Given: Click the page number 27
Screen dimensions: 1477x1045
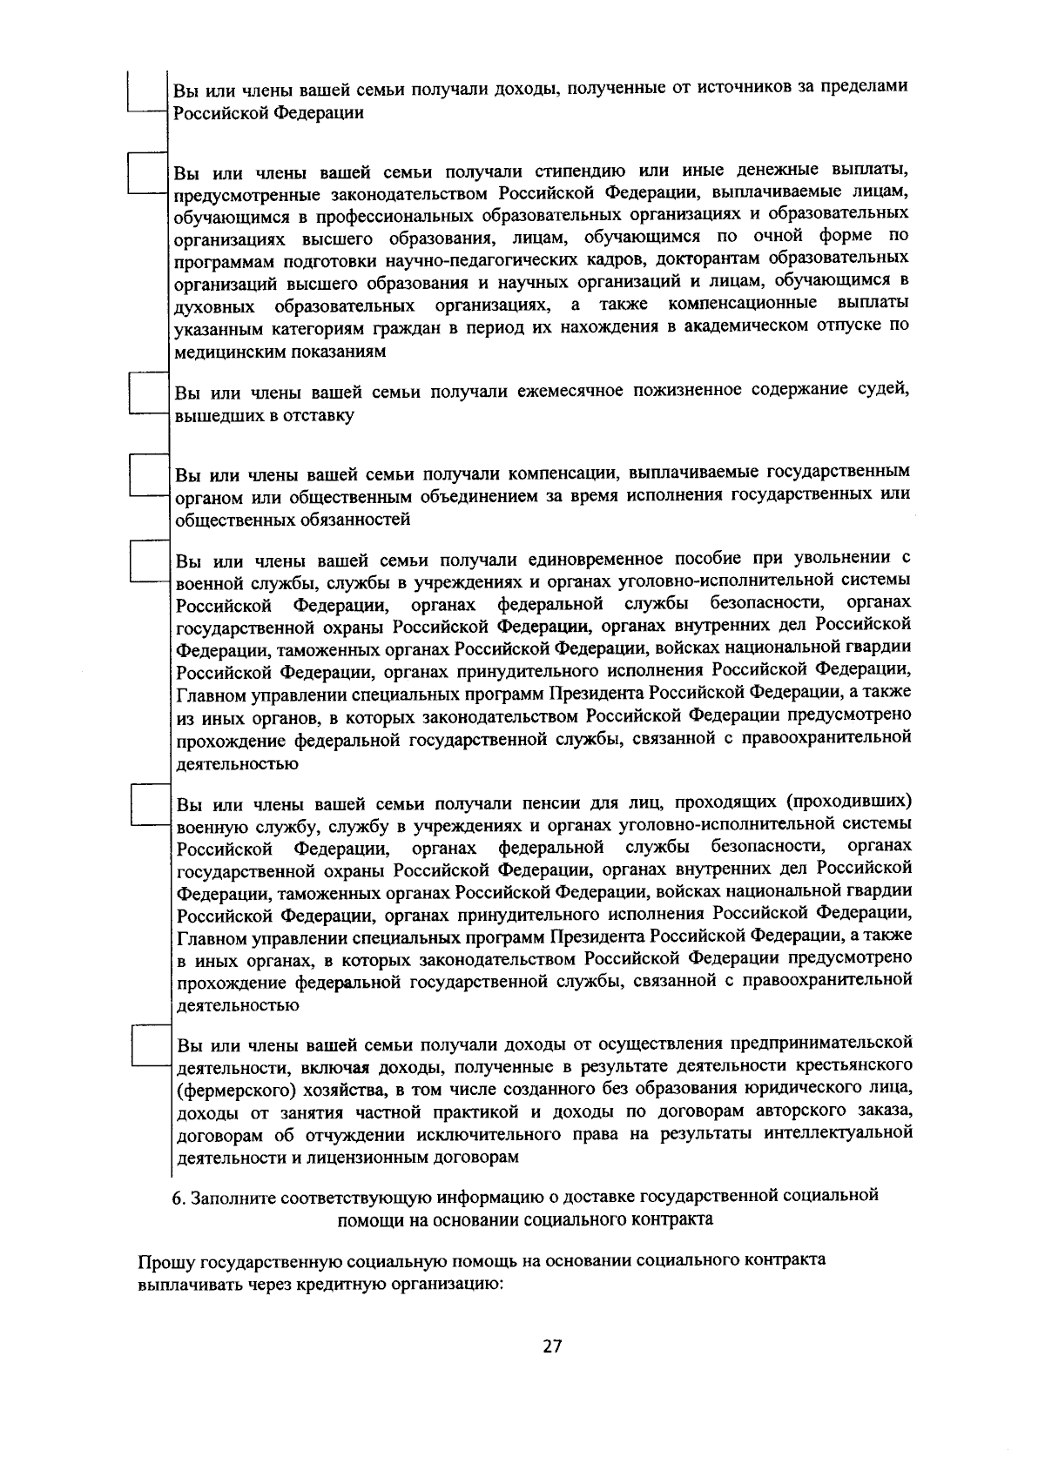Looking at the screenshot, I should (551, 1346).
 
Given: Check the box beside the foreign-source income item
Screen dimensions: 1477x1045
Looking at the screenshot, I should (145, 91).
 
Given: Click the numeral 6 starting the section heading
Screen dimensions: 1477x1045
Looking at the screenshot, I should (176, 1197).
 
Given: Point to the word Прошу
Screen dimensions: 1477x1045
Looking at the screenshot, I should (165, 1261).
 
